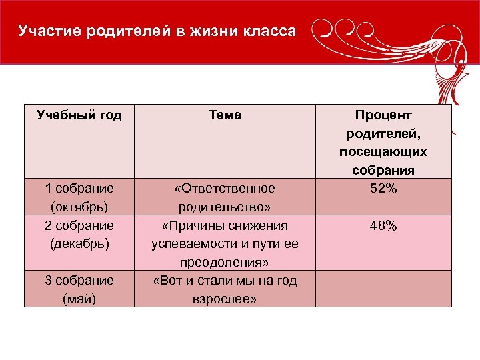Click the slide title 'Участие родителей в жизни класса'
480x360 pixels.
coord(157,31)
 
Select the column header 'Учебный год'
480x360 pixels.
coord(79,115)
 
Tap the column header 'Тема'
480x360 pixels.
coord(225,115)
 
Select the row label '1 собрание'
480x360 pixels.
coord(79,189)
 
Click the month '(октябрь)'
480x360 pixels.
coord(79,207)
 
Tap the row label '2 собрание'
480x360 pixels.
coord(79,225)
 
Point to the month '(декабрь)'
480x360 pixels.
coord(79,243)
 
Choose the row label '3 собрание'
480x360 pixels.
coord(79,280)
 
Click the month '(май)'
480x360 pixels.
coord(79,299)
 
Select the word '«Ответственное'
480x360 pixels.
coord(225,189)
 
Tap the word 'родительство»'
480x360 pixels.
coord(225,207)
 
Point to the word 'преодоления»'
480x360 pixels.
coord(225,262)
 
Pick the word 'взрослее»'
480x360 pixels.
coord(225,299)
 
